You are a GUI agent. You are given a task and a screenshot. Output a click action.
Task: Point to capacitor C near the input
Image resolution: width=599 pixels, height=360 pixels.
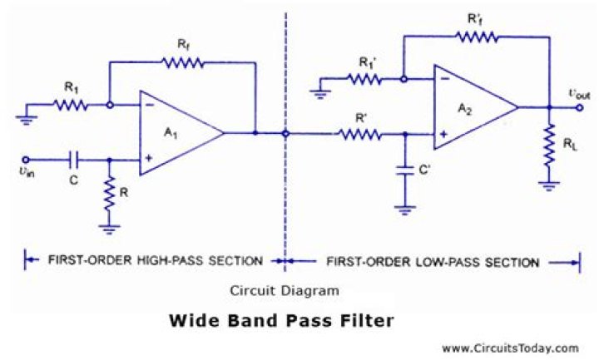pyautogui.click(x=74, y=159)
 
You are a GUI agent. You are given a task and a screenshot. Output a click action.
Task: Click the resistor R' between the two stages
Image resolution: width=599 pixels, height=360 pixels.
pyautogui.click(x=360, y=133)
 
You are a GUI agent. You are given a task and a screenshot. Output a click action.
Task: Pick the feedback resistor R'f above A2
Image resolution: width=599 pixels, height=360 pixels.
pyautogui.click(x=477, y=36)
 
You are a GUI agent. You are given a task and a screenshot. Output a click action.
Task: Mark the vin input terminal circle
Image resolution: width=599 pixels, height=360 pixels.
pyautogui.click(x=26, y=159)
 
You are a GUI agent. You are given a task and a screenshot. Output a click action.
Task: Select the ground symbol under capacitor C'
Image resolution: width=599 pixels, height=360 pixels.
pyautogui.click(x=405, y=209)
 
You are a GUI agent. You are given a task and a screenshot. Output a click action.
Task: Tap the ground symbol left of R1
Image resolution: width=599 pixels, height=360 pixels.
pyautogui.click(x=29, y=117)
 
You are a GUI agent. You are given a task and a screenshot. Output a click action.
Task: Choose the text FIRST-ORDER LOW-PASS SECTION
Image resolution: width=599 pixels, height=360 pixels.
pyautogui.click(x=432, y=262)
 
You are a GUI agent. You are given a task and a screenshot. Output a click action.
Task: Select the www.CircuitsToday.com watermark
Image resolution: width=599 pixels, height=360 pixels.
pyautogui.click(x=509, y=348)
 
